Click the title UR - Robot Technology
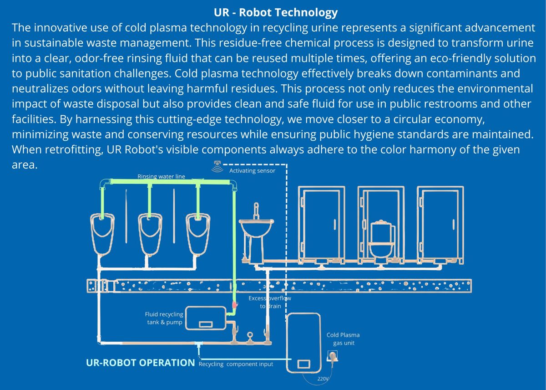(x=275, y=12)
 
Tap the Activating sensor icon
(x=218, y=167)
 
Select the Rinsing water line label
(x=161, y=176)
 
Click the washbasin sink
(x=257, y=226)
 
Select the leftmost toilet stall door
(x=322, y=223)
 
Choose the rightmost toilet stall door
(x=440, y=223)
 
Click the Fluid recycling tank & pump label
(x=164, y=318)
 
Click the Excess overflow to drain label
(x=270, y=302)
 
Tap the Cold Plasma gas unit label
(x=343, y=339)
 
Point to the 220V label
(x=323, y=378)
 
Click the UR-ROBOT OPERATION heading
(x=140, y=363)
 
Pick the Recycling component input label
(x=236, y=364)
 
